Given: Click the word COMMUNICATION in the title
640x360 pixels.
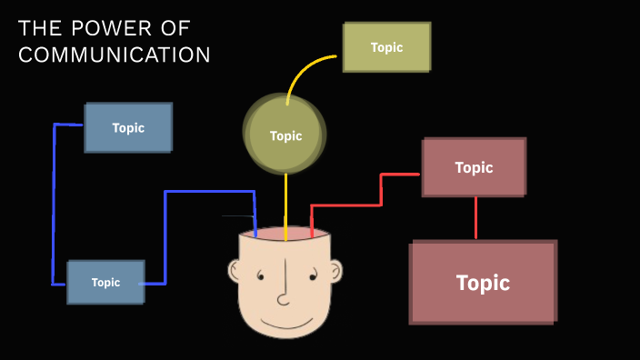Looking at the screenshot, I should pyautogui.click(x=115, y=55).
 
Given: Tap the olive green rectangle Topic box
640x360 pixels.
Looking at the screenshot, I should pyautogui.click(x=386, y=47).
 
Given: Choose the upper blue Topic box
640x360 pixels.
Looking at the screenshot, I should pyautogui.click(x=128, y=127).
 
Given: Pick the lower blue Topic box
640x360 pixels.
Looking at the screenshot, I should pyautogui.click(x=105, y=282).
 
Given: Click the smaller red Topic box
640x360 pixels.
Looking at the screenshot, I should pyautogui.click(x=474, y=167).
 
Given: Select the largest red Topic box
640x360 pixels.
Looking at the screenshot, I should pyautogui.click(x=483, y=282).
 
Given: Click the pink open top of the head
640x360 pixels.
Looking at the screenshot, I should pyautogui.click(x=285, y=235).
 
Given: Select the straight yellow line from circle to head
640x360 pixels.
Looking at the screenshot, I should pyautogui.click(x=286, y=205).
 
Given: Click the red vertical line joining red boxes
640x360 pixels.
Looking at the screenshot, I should pyautogui.click(x=475, y=218).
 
